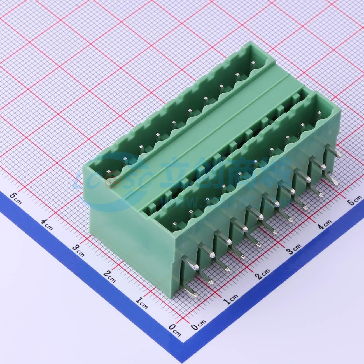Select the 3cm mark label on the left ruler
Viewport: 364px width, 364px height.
point(78,248)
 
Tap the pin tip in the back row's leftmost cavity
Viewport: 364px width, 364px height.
point(108,171)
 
